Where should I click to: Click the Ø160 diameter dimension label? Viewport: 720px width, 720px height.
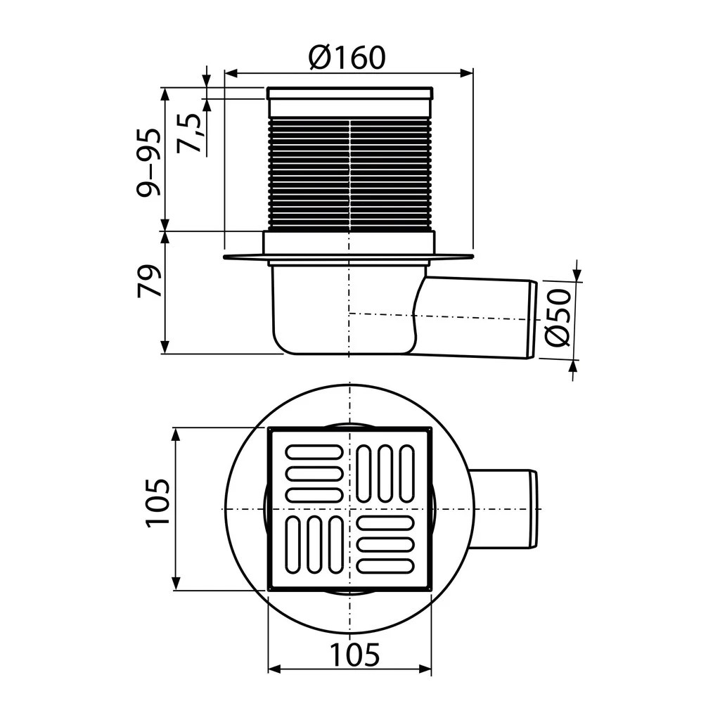(x=347, y=58)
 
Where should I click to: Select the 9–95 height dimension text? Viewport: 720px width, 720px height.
(x=150, y=162)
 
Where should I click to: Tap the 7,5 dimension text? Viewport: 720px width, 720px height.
(x=188, y=133)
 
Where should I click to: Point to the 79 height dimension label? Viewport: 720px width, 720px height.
(x=150, y=281)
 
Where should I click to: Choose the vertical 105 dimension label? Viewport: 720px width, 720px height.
(x=157, y=503)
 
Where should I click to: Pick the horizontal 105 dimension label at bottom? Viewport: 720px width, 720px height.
(x=355, y=654)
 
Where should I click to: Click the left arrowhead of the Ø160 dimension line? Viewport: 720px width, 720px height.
(x=231, y=73)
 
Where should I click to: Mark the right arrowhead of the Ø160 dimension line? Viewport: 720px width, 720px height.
(x=467, y=72)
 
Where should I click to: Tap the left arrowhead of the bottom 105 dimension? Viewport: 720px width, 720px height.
(x=274, y=669)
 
